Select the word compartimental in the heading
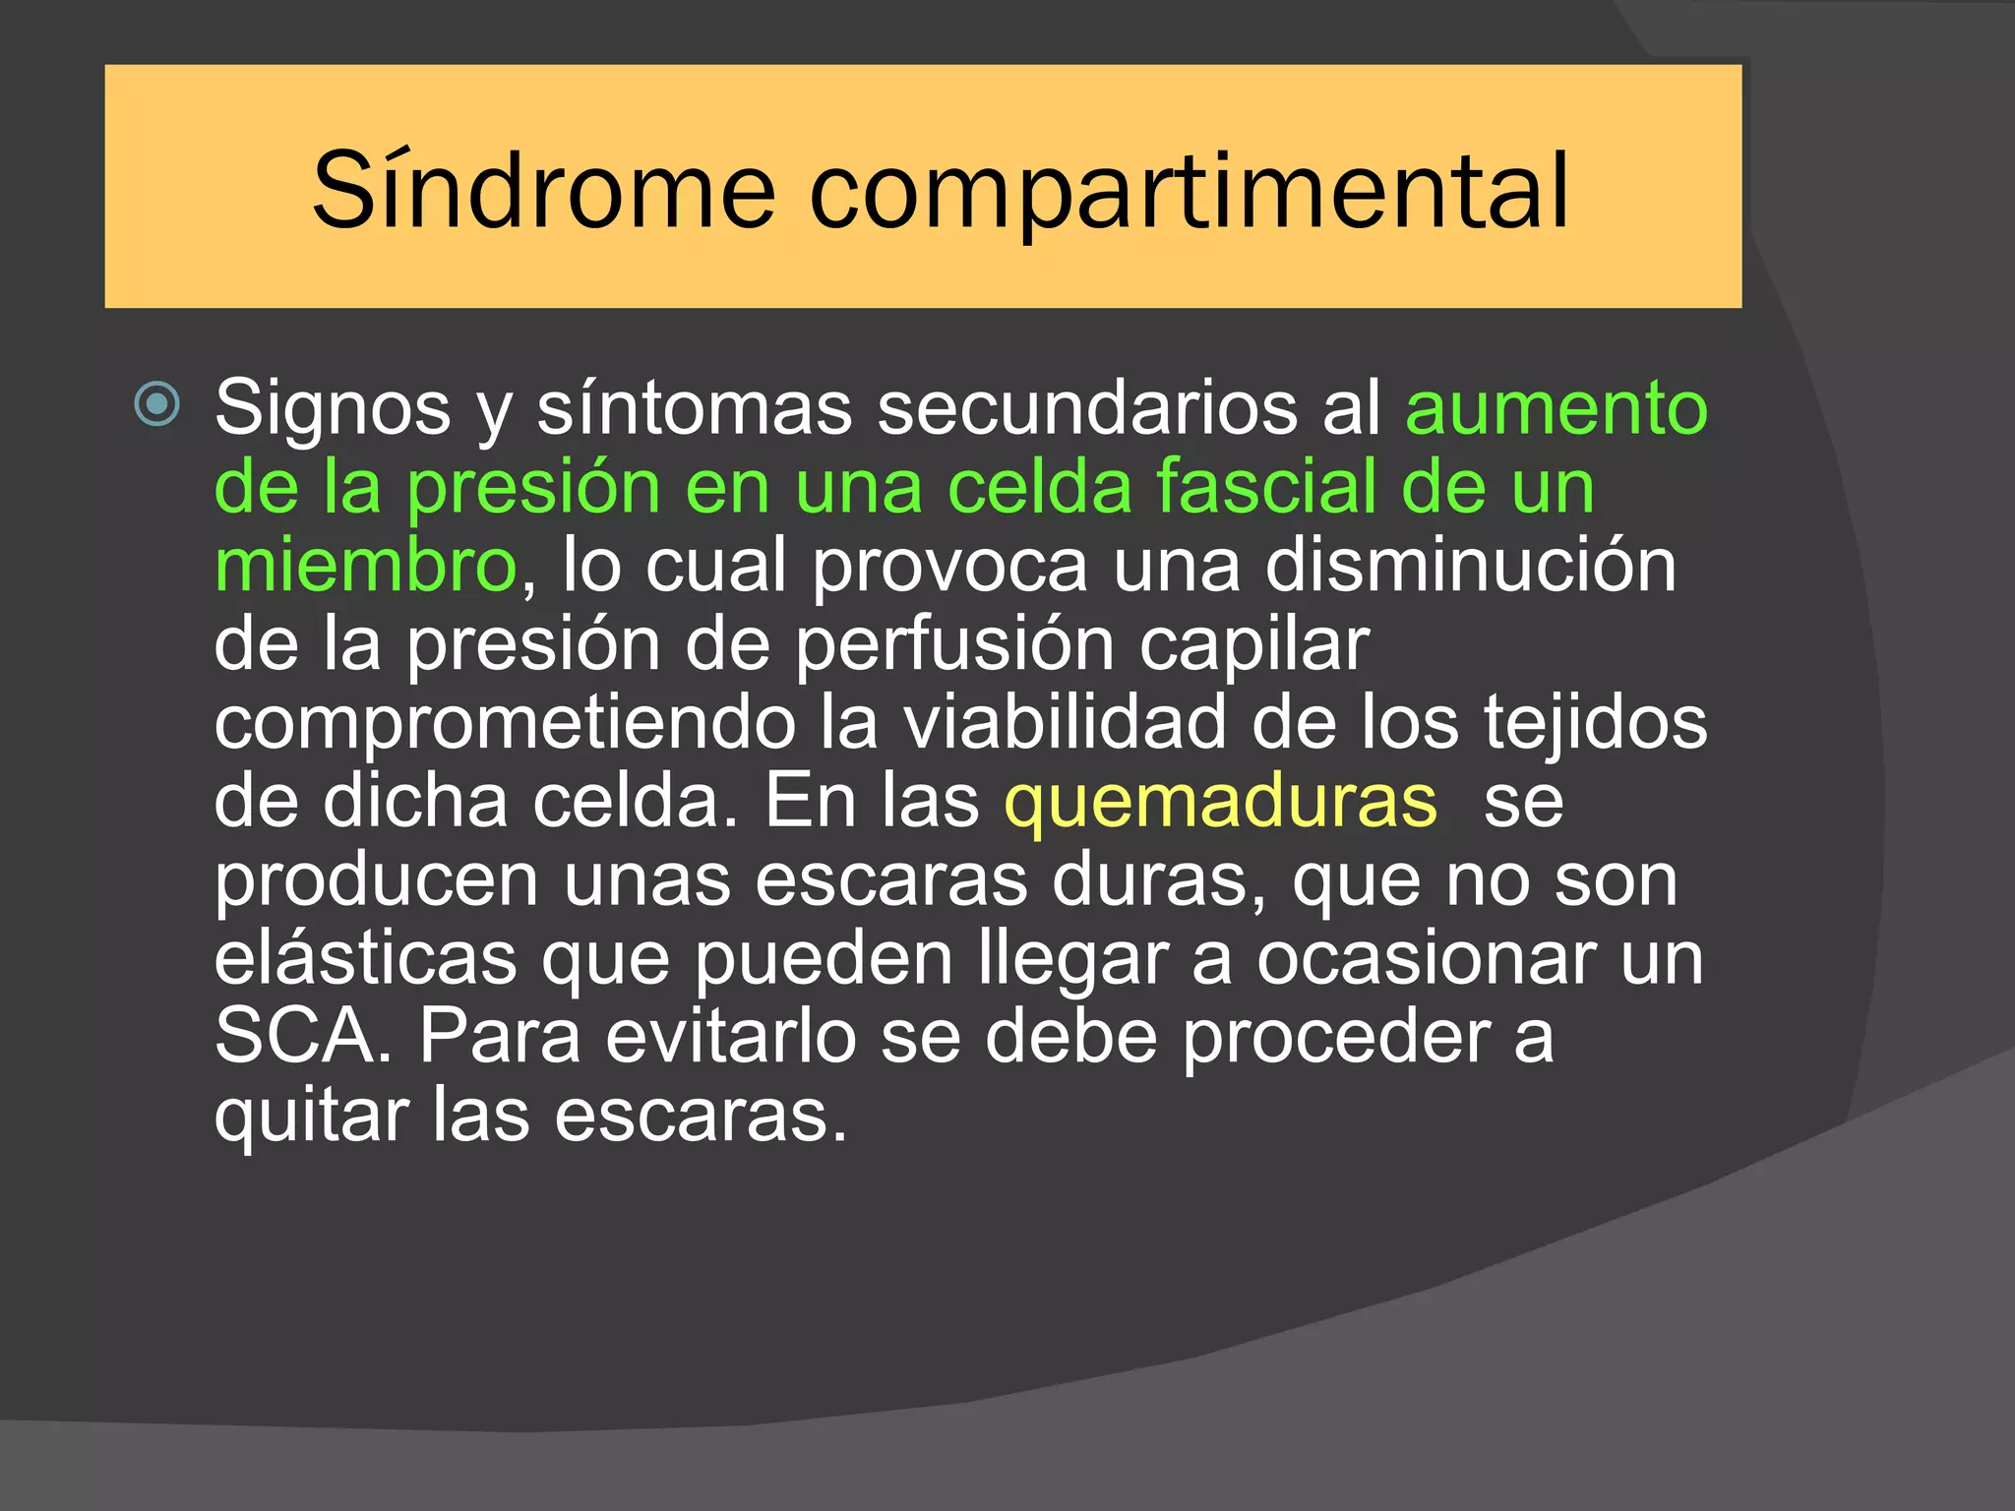[1188, 191]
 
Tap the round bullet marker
[157, 403]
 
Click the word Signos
[333, 407]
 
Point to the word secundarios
[1087, 407]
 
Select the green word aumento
[1557, 407]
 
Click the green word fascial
[1265, 486]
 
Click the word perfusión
[953, 645]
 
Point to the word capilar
[1253, 645]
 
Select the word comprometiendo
[505, 723]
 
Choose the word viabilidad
[1065, 723]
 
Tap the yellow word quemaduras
[1220, 802]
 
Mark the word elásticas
[365, 958]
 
